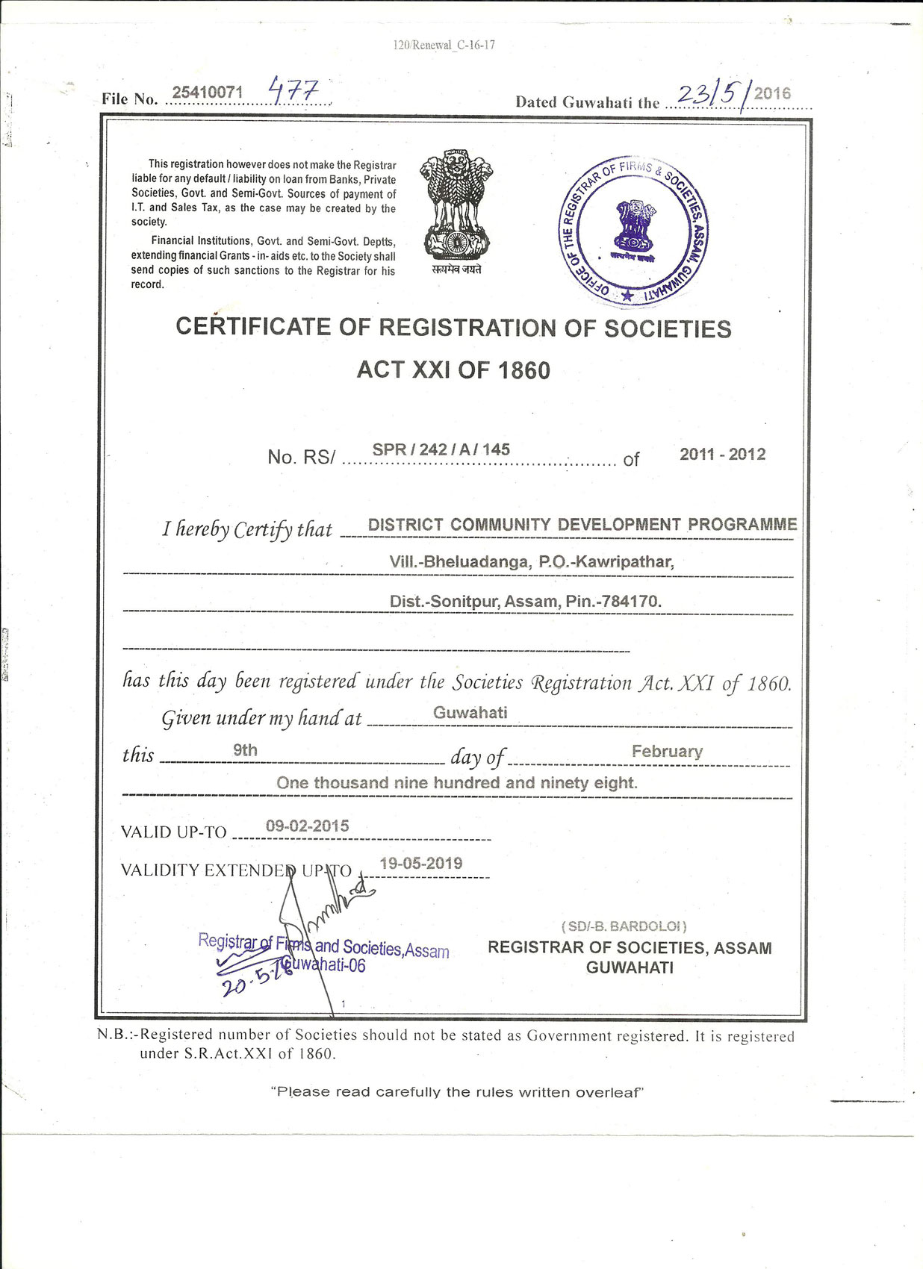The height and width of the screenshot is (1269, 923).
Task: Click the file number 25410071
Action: tap(208, 92)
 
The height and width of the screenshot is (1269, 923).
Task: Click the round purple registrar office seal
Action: tap(634, 231)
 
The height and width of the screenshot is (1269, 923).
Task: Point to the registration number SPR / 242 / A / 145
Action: tap(441, 449)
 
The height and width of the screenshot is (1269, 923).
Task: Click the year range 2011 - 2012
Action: tap(722, 454)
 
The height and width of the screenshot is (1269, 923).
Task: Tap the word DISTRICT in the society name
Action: tap(405, 525)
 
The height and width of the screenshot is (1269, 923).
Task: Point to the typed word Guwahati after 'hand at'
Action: tap(470, 712)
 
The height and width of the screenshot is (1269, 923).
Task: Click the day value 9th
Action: tap(245, 749)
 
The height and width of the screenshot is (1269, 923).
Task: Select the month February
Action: tap(667, 751)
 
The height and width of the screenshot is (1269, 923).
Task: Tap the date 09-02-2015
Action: tap(307, 826)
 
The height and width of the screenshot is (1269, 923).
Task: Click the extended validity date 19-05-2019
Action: tap(420, 863)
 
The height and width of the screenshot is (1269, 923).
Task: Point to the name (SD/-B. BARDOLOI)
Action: tap(624, 926)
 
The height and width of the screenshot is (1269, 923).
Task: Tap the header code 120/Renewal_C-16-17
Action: tap(444, 45)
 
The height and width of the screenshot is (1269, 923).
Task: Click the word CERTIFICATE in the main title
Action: tap(253, 327)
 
